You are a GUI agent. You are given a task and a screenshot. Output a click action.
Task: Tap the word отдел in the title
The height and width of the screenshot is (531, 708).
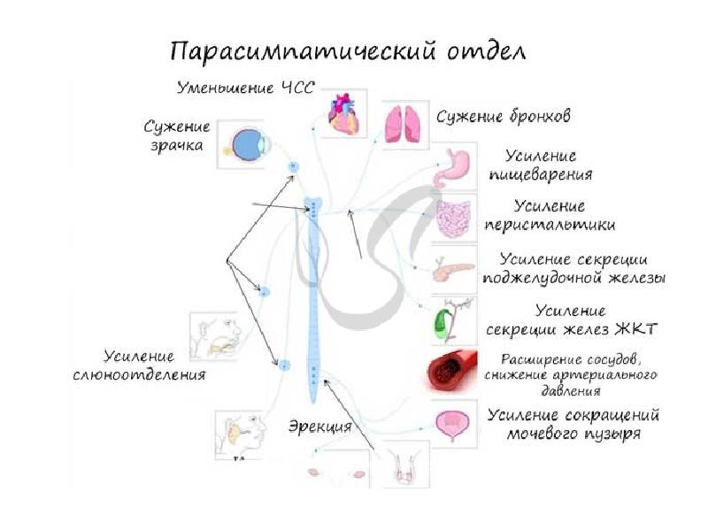[482, 50]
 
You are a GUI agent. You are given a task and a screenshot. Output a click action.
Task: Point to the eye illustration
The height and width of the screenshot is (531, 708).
[241, 143]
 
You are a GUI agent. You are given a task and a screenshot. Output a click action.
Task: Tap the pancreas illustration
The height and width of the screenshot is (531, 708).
[453, 270]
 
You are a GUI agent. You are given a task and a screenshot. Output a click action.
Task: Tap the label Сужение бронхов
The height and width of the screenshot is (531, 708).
[503, 116]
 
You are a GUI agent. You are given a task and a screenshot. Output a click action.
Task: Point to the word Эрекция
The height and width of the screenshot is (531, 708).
[319, 426]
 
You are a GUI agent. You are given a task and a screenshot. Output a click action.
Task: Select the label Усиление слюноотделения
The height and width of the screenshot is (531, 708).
[139, 366]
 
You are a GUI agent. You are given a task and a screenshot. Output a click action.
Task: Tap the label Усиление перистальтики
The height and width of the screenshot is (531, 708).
[550, 216]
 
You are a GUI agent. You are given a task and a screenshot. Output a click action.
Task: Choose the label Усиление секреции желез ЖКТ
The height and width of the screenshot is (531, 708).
[572, 321]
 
